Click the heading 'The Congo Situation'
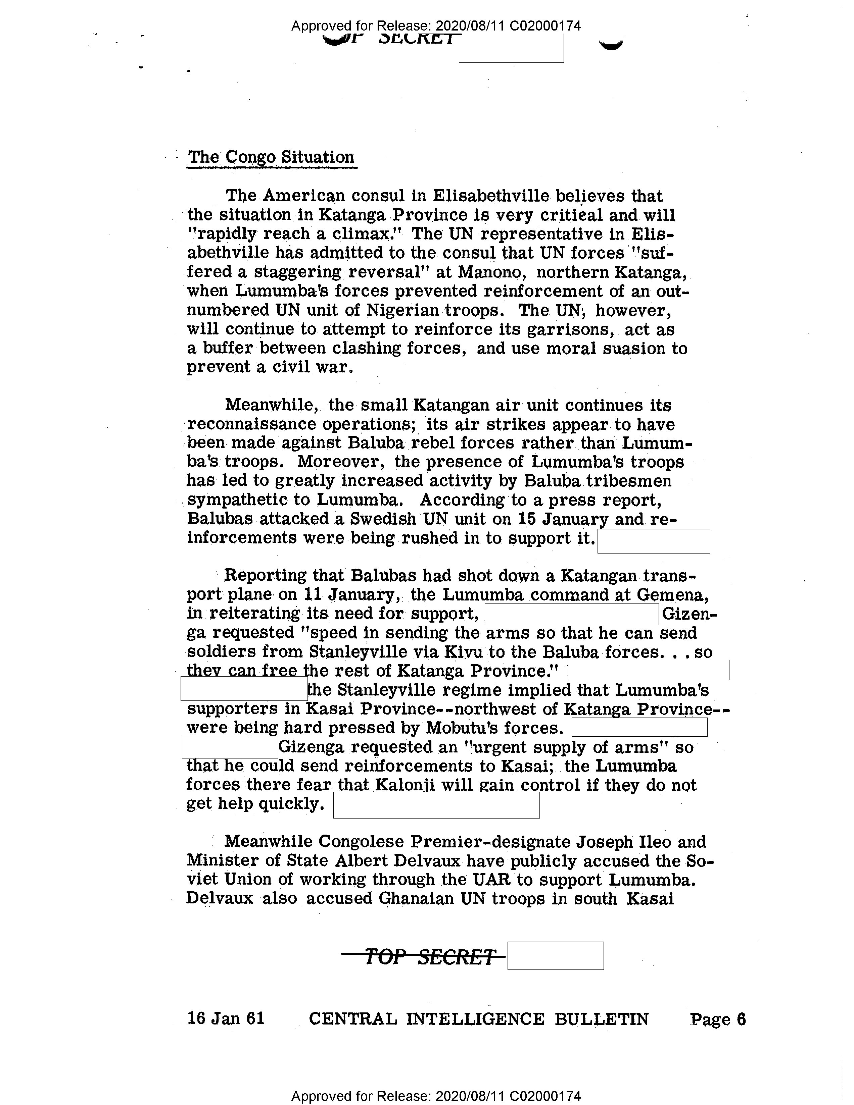tap(271, 157)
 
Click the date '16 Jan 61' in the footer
tap(226, 1018)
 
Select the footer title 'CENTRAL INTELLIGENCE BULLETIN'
tap(478, 1019)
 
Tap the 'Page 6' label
tap(717, 1019)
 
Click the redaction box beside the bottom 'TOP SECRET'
tap(555, 956)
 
